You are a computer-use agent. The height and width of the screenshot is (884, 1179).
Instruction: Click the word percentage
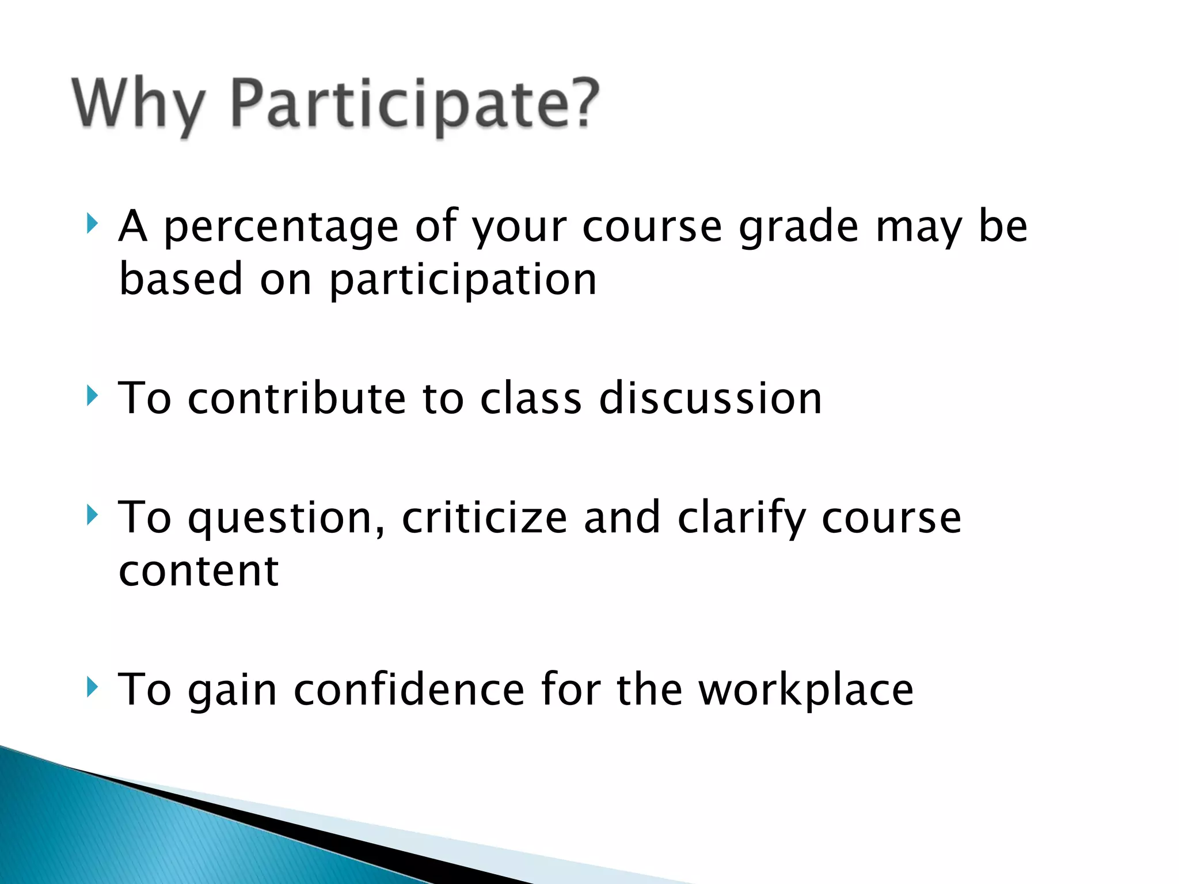tap(281, 228)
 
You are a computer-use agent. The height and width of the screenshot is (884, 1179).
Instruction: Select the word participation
tap(463, 281)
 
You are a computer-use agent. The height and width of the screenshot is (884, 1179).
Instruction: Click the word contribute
tap(296, 398)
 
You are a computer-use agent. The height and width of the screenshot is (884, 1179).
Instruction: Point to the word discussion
tap(710, 398)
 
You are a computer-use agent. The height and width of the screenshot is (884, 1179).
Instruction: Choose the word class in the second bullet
tap(531, 398)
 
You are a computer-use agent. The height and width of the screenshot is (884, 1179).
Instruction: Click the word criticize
tap(484, 517)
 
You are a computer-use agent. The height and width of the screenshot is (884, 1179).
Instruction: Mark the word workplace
tap(806, 690)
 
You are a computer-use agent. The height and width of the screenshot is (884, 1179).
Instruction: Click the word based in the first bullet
tap(181, 280)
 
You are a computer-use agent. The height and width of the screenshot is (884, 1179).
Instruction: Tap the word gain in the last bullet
tap(233, 691)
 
